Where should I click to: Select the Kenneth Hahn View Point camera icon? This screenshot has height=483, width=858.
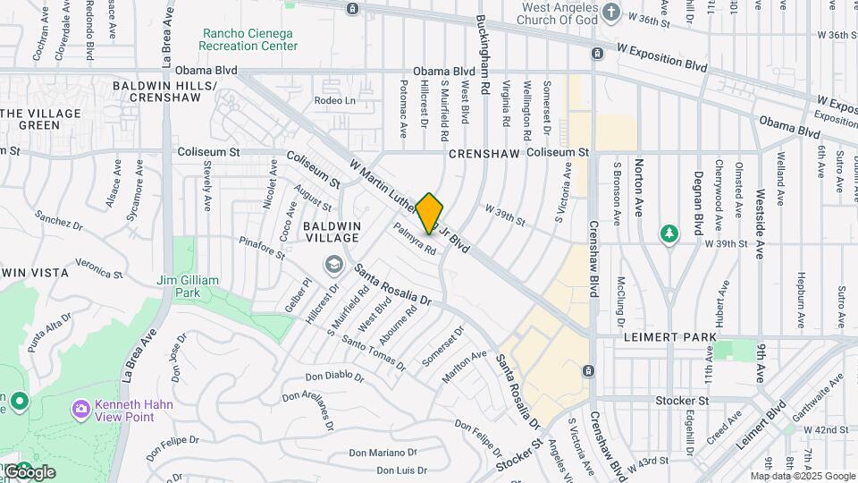click(x=81, y=408)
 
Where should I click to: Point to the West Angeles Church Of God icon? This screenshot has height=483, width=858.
click(x=611, y=12)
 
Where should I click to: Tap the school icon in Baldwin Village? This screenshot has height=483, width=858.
click(x=334, y=264)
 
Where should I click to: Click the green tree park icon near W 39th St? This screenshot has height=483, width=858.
click(x=669, y=233)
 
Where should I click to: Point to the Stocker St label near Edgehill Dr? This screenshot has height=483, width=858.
click(x=682, y=401)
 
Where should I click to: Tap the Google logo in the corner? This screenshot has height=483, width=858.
click(x=29, y=472)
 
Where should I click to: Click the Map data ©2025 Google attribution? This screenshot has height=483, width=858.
click(x=803, y=476)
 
